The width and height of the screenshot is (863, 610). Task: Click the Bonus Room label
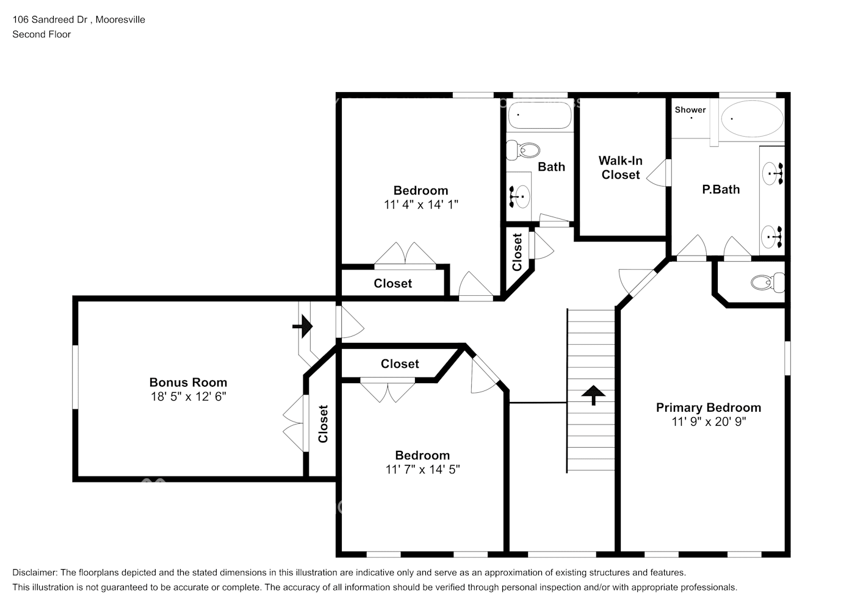coord(188,382)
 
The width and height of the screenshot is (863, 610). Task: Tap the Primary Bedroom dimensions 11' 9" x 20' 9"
coord(709,422)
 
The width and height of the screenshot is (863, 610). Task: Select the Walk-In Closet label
coord(620,168)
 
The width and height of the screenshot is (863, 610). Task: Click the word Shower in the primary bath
coord(690,110)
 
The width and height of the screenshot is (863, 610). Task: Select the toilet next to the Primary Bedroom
coord(767,282)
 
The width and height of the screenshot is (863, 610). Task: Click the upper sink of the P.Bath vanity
coord(773,174)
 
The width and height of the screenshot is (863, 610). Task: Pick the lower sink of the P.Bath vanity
coord(773,236)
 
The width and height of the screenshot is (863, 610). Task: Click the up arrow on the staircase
coord(593,395)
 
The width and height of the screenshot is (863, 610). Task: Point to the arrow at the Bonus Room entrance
coord(303,327)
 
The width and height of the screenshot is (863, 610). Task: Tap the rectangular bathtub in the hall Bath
coord(540,115)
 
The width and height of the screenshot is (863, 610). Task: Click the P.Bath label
coord(721,189)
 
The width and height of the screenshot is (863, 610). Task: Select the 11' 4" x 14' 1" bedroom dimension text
coord(421,205)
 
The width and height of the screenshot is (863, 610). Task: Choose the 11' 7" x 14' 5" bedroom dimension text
coord(422,470)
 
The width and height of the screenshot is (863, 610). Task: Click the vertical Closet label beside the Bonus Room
coord(323,424)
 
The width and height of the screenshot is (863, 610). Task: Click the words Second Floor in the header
coord(42,34)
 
